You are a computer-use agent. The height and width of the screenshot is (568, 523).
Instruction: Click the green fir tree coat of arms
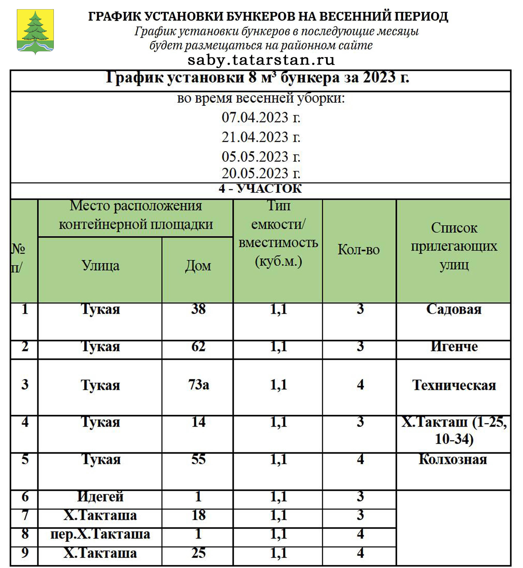(x=35, y=31)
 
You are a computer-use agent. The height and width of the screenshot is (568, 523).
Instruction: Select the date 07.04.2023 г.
(x=261, y=117)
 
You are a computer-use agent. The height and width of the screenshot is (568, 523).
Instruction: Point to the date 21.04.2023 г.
(x=261, y=137)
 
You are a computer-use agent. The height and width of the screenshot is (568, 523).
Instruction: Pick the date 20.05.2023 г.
(x=261, y=173)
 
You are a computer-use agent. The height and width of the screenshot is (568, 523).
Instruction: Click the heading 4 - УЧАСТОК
(x=260, y=189)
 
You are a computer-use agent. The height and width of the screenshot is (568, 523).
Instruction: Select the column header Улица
(x=100, y=266)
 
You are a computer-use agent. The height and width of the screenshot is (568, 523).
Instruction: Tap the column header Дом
(x=198, y=266)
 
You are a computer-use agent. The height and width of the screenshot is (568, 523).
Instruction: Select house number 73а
(x=198, y=385)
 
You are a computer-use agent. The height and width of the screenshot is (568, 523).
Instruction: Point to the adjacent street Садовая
(x=454, y=309)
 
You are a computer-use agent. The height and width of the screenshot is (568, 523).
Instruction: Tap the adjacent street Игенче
(x=454, y=346)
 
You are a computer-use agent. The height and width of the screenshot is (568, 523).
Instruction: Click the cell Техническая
(x=454, y=385)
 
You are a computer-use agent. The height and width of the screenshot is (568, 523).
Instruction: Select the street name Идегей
(x=100, y=496)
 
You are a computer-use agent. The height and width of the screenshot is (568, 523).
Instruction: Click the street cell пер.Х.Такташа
(x=100, y=534)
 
